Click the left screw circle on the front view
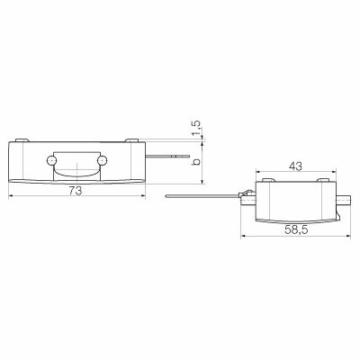[51, 160]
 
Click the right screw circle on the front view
[105, 160]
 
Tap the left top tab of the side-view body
[266, 182]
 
